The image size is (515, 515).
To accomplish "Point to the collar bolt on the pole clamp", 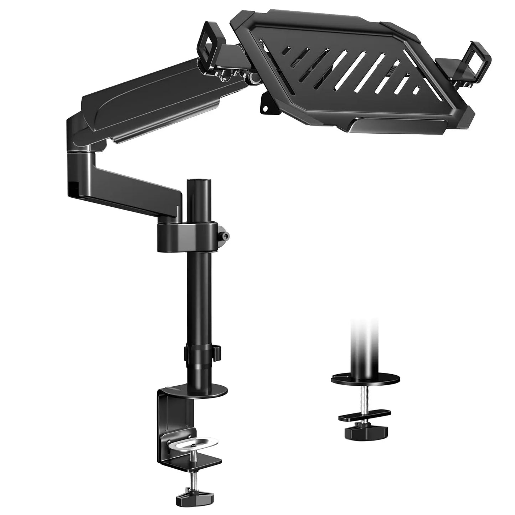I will point(224,236).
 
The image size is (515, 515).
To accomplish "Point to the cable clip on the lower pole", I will point(217,351).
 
